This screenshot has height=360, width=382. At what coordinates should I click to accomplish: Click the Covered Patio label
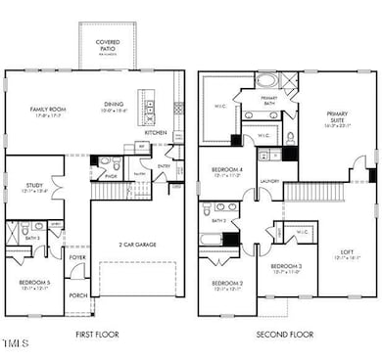[x=109, y=43]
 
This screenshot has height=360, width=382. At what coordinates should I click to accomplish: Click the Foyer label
[x=77, y=261]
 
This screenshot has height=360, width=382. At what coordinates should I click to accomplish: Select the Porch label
[x=78, y=294]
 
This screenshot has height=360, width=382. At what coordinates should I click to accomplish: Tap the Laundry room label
[x=270, y=180]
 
